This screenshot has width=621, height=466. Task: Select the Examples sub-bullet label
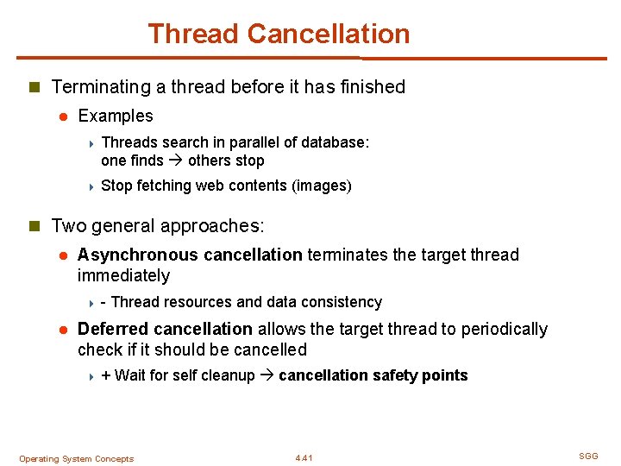(115, 116)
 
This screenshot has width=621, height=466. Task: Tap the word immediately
(123, 275)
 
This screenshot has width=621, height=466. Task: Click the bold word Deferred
(113, 329)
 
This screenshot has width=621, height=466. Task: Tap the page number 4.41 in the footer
(304, 458)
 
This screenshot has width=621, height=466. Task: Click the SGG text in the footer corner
(587, 456)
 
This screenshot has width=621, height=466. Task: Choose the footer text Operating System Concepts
(76, 459)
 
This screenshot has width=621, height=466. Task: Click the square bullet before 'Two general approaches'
(34, 227)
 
